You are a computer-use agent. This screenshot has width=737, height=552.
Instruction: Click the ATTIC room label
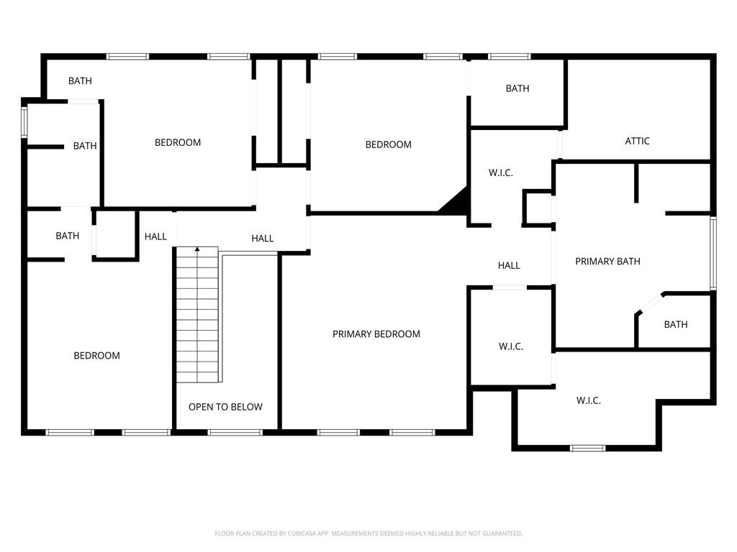[x=637, y=141]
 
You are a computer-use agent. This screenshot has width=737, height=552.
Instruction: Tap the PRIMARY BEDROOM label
[x=376, y=334]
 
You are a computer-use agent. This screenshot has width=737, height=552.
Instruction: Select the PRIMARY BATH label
[x=607, y=262]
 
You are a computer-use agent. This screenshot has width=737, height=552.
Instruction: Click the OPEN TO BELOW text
[x=225, y=407]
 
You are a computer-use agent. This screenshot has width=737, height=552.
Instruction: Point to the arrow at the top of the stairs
[x=197, y=249]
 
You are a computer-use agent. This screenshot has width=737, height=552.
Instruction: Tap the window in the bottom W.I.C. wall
[x=587, y=448]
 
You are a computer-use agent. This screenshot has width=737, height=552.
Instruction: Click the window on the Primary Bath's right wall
[x=713, y=252]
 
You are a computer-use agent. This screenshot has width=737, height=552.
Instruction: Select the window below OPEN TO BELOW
[x=235, y=432]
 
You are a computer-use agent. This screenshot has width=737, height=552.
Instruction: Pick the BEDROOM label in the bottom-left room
[x=96, y=356]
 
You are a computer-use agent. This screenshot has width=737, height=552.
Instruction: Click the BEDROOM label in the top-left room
[x=178, y=142]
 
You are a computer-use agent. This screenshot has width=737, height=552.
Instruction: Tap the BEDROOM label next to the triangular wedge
[x=388, y=144]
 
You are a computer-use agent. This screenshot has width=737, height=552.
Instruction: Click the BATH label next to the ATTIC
[x=517, y=88]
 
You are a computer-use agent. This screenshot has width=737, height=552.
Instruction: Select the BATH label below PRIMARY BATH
[x=675, y=325]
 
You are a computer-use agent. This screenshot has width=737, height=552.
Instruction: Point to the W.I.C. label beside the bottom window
[x=588, y=400]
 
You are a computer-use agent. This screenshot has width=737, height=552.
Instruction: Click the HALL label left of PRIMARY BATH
[x=509, y=266]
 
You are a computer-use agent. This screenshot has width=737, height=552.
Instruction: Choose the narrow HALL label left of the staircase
[x=155, y=236]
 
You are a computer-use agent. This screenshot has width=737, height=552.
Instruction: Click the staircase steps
[x=197, y=316]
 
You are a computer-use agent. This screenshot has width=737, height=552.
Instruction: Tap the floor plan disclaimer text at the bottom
[x=368, y=533]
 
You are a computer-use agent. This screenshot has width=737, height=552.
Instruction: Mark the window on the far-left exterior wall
[x=24, y=121]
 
